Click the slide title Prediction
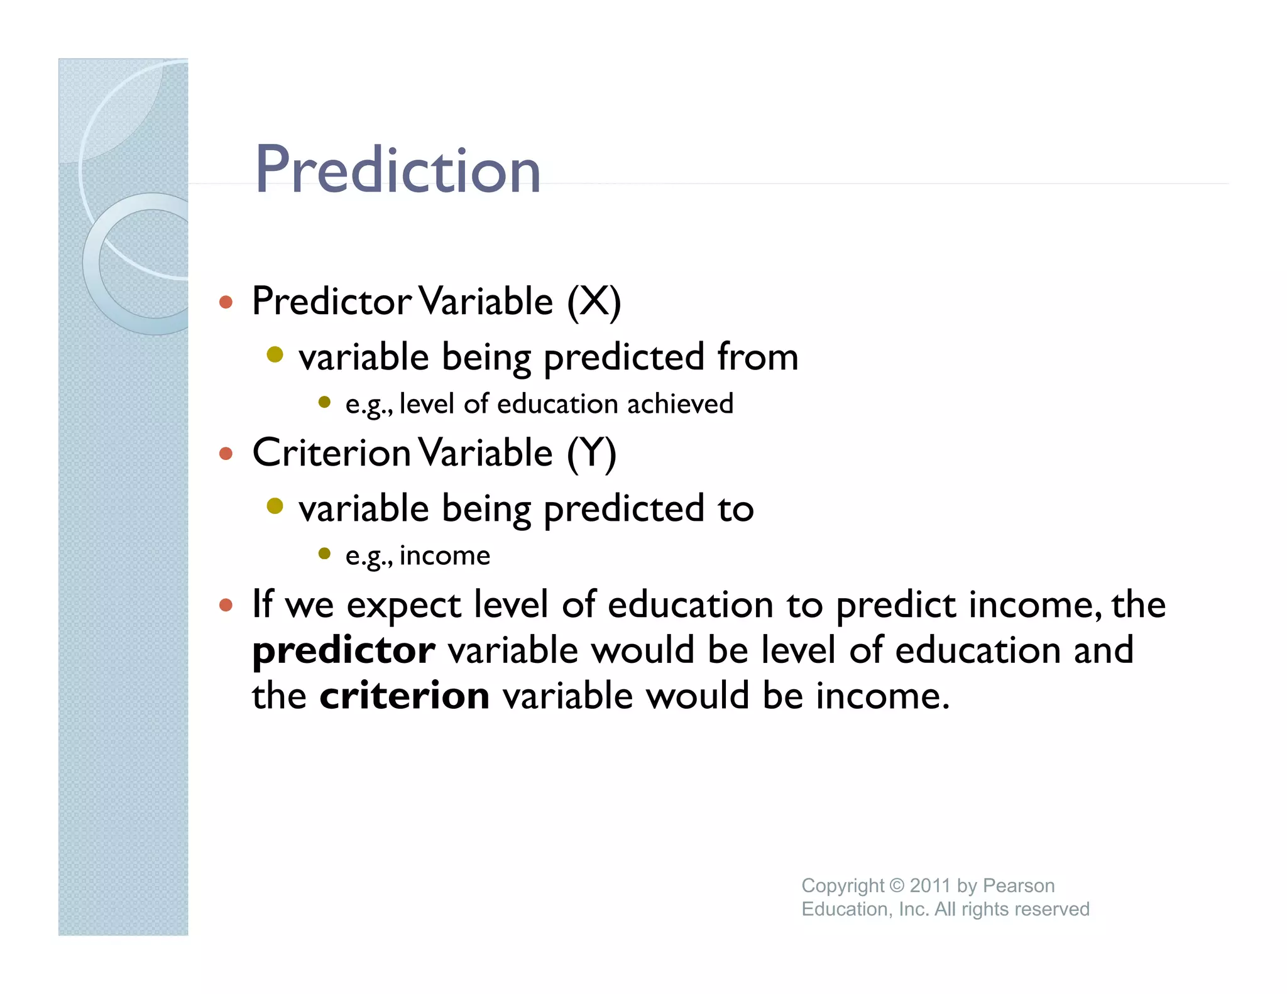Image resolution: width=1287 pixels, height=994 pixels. coord(397,170)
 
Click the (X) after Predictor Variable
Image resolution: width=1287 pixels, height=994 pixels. coord(593,302)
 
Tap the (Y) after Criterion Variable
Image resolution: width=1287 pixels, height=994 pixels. coord(591,454)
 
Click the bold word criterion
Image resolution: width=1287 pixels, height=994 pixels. coord(404,696)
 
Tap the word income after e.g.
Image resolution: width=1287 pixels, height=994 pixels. coord(444,556)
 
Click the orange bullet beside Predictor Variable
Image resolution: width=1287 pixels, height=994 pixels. coord(226,303)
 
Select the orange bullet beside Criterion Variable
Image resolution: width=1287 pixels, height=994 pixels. coord(226,454)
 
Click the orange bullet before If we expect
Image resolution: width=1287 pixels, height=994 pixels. coord(226,605)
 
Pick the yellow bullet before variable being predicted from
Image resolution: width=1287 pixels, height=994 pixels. coord(275,355)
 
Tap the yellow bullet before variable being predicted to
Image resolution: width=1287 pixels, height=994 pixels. coord(275,506)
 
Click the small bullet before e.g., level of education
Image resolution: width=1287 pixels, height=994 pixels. coord(324,402)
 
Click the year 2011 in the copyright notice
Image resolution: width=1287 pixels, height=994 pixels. coord(929,885)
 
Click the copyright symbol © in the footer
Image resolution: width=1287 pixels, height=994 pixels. coord(897,885)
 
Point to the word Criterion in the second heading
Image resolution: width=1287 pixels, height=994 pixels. coord(331,453)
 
